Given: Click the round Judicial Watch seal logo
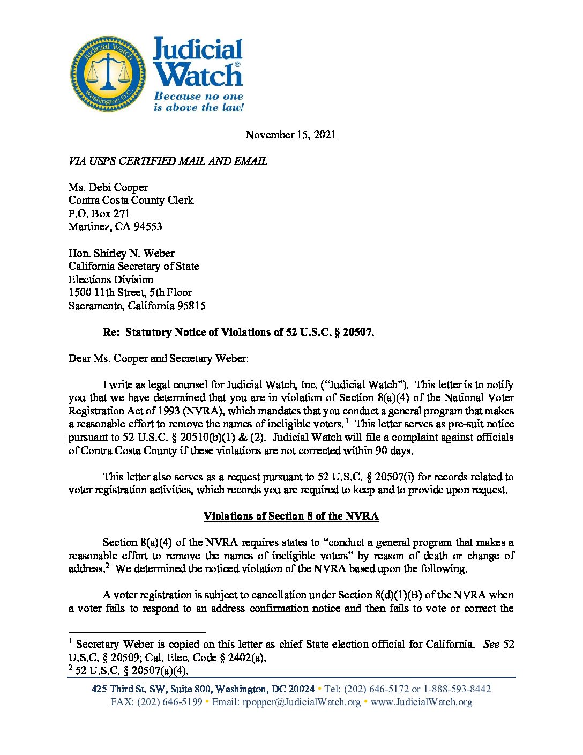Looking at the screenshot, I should point(108,74).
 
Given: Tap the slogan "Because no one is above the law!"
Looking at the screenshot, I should point(198,102).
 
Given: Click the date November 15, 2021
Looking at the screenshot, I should point(291,135).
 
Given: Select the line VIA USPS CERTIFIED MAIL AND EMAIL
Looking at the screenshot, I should point(168,161).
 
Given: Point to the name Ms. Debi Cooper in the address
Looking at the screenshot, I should point(108,187).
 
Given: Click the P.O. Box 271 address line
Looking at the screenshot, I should point(99,213).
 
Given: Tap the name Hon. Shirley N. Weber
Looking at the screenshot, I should point(121,253).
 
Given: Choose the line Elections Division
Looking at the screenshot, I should point(110,279).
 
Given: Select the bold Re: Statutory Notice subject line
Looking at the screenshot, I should point(238,332).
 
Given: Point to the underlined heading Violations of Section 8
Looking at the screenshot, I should point(291,516).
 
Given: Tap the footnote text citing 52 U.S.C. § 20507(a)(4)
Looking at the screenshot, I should point(132,670).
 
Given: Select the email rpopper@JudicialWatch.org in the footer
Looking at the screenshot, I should point(302,702).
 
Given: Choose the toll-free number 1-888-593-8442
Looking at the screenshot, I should point(457,689).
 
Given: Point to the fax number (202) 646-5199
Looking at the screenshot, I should point(156,702).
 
